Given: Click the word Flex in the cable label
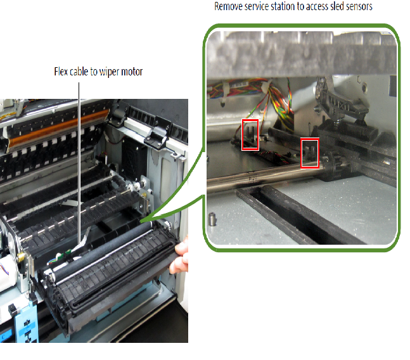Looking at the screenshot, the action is click(60, 72).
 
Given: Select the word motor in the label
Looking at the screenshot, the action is click(132, 72).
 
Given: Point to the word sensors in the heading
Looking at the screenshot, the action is click(359, 6).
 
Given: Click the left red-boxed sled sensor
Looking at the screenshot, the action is click(250, 134).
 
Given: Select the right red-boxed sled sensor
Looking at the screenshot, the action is click(310, 153).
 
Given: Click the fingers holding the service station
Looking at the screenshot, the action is click(181, 256).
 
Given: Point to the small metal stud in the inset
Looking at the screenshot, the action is click(212, 219).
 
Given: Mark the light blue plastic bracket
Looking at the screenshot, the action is click(26, 321).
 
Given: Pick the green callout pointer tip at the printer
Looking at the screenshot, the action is click(141, 222).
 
